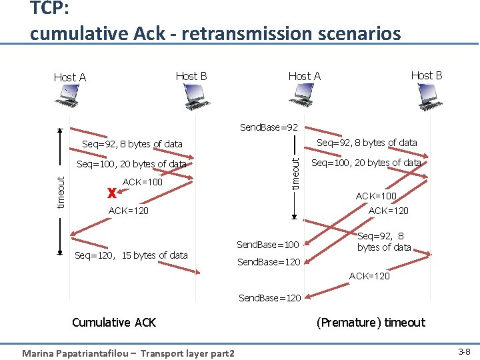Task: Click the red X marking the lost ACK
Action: point(111,193)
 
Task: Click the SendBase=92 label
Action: point(269,127)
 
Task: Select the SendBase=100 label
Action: point(268,245)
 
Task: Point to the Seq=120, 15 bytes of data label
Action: point(131,255)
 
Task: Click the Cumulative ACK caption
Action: point(113,323)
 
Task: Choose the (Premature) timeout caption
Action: point(371,323)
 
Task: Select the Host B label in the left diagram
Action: point(191,76)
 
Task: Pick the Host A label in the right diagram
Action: point(304,76)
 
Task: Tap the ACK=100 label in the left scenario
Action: point(143,182)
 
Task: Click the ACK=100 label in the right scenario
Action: point(376,196)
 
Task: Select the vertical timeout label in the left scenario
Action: point(61,192)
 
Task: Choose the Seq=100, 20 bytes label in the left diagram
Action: point(131,164)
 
